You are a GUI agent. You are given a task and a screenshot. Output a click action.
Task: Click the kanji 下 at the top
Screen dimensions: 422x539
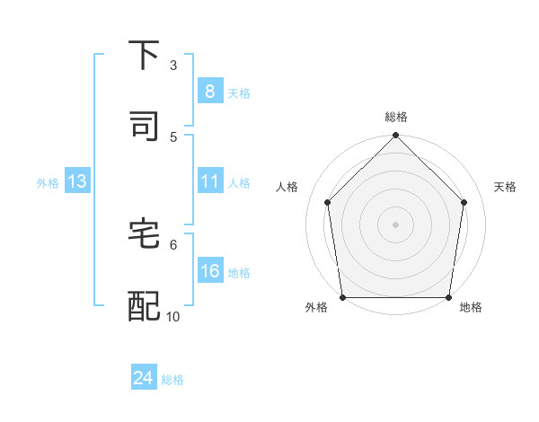click(144, 55)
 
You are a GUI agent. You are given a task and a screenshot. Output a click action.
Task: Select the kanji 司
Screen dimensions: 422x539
click(144, 126)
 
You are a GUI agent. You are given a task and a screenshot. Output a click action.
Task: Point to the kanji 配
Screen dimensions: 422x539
click(144, 305)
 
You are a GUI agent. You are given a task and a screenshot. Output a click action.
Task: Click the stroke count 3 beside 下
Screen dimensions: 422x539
click(173, 65)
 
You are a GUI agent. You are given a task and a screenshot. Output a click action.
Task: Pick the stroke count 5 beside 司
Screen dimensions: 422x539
click(173, 136)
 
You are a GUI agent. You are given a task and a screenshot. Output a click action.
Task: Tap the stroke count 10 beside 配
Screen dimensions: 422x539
click(173, 316)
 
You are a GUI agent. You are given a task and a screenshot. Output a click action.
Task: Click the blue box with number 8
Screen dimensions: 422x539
click(209, 92)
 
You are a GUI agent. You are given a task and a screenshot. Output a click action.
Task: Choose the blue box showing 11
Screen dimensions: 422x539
click(209, 182)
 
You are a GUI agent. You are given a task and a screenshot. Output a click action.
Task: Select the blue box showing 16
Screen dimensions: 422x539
click(209, 272)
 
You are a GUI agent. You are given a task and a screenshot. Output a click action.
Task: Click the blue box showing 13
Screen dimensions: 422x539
click(77, 182)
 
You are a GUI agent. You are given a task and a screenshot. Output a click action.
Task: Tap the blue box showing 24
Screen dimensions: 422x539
click(144, 379)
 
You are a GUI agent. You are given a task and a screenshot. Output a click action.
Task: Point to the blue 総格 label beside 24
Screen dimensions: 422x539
click(172, 380)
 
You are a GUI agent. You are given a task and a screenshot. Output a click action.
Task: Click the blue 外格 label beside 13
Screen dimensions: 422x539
click(48, 183)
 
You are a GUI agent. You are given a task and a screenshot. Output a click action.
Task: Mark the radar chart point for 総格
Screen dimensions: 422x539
click(395, 136)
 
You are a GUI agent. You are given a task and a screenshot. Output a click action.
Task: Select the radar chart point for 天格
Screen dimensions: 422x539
click(464, 202)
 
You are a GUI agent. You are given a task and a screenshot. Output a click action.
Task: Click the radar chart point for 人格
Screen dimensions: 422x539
click(327, 202)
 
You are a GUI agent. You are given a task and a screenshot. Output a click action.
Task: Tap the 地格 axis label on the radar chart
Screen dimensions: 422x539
click(471, 307)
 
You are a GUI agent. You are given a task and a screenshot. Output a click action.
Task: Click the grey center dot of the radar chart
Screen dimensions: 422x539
click(395, 224)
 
